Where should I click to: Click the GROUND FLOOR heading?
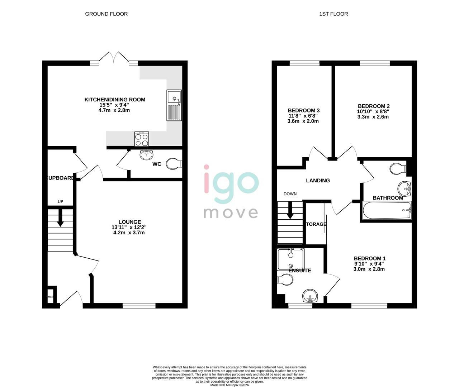[106, 14]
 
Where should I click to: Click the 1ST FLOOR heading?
[333, 14]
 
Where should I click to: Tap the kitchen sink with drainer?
[174, 105]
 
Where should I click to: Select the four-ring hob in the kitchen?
[142, 139]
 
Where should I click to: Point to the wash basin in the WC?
[146, 155]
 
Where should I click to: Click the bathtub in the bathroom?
[387, 210]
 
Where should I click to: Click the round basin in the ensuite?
[309, 296]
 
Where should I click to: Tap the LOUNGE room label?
[129, 222]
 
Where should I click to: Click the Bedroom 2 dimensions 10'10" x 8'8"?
[373, 111]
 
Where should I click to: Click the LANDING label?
[318, 181]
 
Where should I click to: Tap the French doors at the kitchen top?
[114, 58]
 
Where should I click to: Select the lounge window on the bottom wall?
[139, 306]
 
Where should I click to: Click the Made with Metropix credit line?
[229, 385]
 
